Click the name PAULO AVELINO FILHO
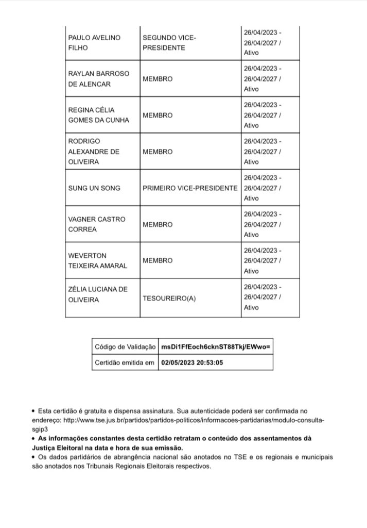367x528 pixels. tap(92, 42)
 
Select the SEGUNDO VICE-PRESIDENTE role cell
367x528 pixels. tap(169, 42)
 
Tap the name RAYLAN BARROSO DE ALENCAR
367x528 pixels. tap(96, 79)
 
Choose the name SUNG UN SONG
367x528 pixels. tap(94, 188)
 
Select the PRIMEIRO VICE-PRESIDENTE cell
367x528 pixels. tap(190, 188)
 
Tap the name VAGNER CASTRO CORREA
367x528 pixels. tap(96, 225)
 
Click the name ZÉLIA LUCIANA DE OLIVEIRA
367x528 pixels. tap(97, 294)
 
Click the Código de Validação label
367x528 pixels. tap(125, 347)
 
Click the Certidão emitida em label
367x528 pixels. tap(125, 363)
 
